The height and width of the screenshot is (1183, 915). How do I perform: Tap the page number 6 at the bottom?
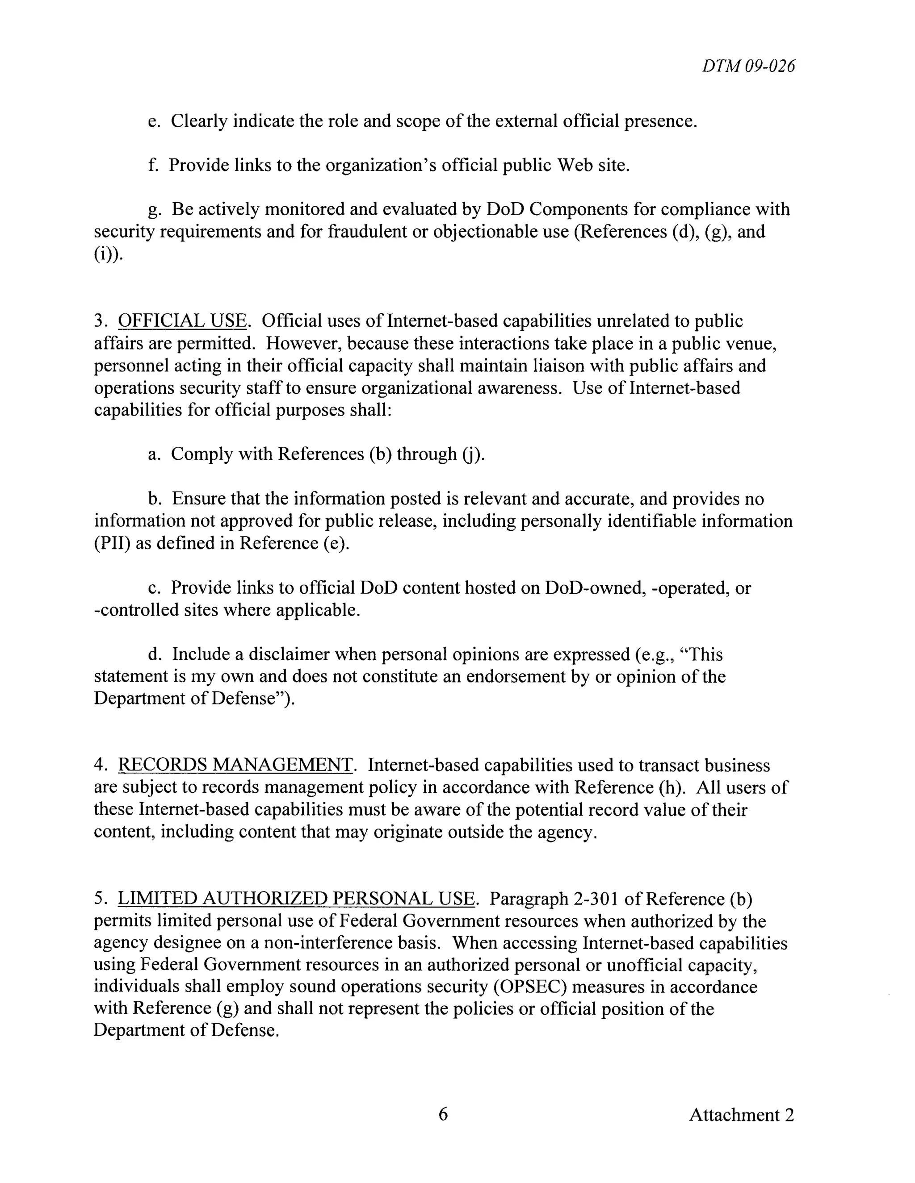coord(443,1114)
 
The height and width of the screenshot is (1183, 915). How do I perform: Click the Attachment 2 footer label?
coord(741,1115)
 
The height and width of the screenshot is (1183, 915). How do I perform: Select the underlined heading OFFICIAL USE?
coord(183,321)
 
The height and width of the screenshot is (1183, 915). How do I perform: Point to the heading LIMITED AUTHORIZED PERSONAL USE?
coord(296,899)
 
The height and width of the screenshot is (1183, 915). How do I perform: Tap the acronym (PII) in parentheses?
coord(112,543)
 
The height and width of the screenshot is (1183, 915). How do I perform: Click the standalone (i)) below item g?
coord(109,254)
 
